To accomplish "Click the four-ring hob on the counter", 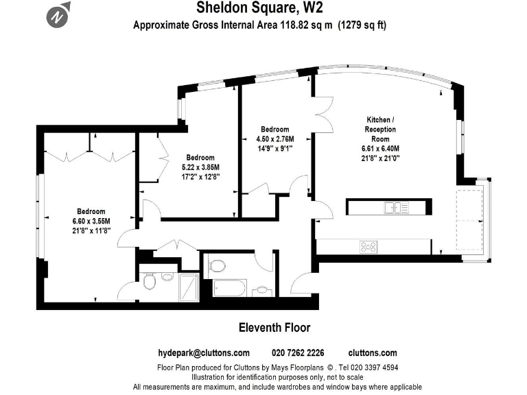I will (x=368, y=247).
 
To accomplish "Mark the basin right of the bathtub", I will (x=261, y=291).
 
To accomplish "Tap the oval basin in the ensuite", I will (x=167, y=279).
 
